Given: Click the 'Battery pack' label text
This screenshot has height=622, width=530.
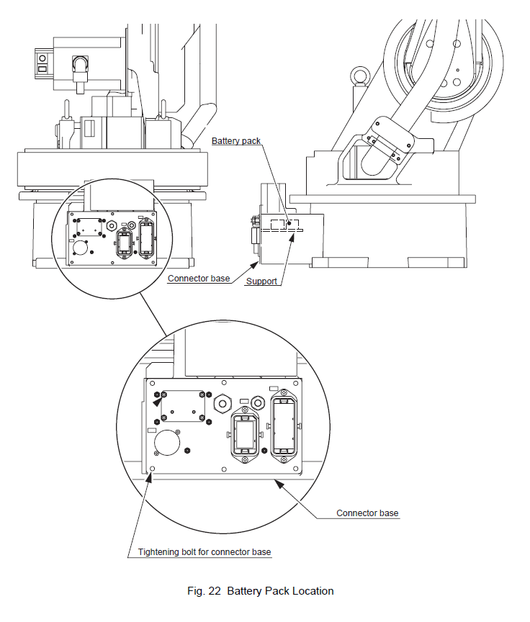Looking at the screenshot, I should pos(235,141).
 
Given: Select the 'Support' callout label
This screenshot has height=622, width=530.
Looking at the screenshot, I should pos(261,281).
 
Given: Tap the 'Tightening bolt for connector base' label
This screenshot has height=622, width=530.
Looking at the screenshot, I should pos(205,552).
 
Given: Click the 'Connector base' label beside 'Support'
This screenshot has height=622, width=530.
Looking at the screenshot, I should pos(198,278).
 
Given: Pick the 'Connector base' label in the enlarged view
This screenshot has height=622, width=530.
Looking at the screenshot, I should pos(367,513).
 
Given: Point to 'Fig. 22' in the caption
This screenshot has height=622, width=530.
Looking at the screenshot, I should pos(205,591).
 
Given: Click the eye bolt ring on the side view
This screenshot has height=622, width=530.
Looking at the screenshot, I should pos(358,76).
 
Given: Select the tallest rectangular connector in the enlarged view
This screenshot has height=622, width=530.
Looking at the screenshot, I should pos(283,422).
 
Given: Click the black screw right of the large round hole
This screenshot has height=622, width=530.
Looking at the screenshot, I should pos(187,450).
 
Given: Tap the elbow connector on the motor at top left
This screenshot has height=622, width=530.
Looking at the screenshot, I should pos(77,71).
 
